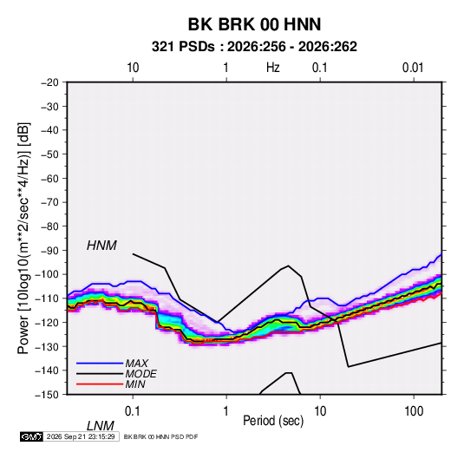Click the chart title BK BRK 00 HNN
[x=254, y=24]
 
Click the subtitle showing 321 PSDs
[x=254, y=47]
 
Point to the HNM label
[x=101, y=246]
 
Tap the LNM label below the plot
[x=101, y=426]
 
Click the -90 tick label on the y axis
[x=50, y=250]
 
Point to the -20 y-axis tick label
[x=50, y=82]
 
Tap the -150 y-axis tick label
[x=48, y=395]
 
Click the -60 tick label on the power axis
[x=50, y=178]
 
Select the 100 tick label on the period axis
[x=414, y=411]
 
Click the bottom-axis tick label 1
[x=226, y=411]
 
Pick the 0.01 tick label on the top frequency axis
[x=413, y=68]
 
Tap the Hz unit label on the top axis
[x=273, y=68]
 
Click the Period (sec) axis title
[x=273, y=421]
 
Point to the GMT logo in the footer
[x=31, y=436]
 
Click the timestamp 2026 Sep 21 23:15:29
[x=81, y=436]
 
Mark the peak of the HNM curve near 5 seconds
[x=288, y=266]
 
